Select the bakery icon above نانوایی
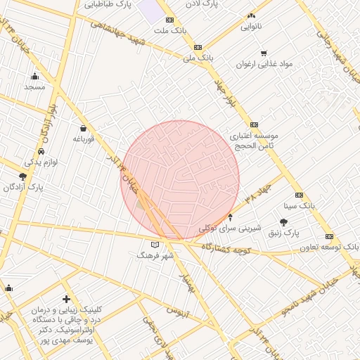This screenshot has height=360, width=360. (x=251, y=15)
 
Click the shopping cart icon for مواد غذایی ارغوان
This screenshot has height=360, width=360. (x=264, y=53)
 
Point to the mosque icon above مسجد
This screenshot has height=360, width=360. (x=34, y=77)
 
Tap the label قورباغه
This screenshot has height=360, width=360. (x=83, y=139)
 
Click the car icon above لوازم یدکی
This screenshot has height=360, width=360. (x=41, y=152)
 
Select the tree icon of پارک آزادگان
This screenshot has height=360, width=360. (x=22, y=176)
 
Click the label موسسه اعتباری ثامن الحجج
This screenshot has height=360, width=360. (x=255, y=140)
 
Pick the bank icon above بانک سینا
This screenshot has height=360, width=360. (x=299, y=195)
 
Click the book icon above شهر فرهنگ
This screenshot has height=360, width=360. (x=155, y=244)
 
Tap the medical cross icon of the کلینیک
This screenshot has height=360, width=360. (x=67, y=299)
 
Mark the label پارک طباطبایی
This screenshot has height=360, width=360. (x=109, y=4)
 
